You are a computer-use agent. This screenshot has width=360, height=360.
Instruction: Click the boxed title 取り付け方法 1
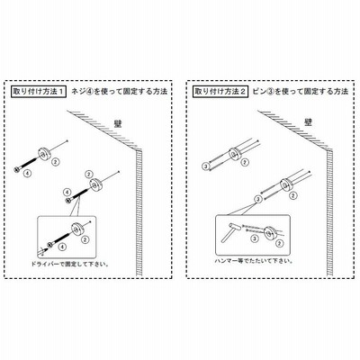39,92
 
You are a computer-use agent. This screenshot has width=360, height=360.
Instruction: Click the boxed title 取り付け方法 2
220,92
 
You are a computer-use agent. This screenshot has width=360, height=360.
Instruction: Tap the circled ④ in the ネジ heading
89,92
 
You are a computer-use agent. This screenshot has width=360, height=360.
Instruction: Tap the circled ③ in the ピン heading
271,92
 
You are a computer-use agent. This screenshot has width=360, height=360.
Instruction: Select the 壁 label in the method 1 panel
118,124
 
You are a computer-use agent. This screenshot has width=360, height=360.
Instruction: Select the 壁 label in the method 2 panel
308,122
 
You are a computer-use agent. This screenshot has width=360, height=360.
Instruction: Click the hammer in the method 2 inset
230,232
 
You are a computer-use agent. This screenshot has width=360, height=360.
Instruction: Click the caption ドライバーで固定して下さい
70,265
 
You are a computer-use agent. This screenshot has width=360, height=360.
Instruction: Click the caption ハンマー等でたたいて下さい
254,261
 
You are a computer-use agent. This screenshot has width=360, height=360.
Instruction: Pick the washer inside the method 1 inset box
78,229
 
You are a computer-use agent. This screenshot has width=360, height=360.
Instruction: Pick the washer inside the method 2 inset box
270,233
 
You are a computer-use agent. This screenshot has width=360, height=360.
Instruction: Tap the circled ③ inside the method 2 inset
255,238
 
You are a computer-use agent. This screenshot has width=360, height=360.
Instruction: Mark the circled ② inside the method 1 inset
85,240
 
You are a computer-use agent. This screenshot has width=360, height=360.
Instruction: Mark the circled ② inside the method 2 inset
280,243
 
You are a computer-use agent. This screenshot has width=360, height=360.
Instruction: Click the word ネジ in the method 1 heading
77,92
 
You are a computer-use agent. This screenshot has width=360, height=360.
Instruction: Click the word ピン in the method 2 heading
260,92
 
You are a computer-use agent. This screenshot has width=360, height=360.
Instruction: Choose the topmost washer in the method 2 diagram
235,155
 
